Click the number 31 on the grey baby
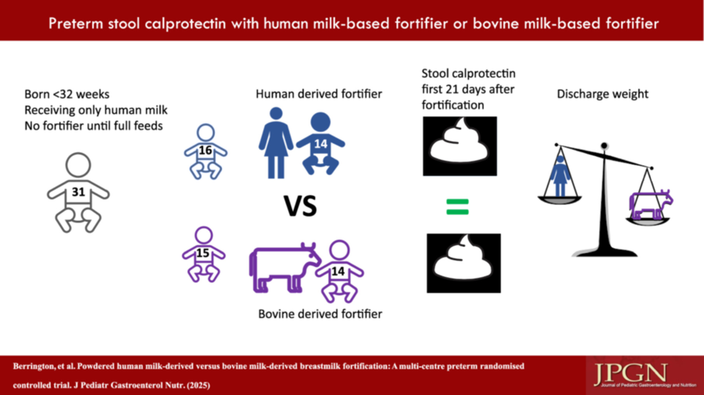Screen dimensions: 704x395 78,192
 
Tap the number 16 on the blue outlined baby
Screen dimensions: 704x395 205,150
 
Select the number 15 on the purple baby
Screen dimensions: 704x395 203,253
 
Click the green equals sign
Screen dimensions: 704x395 457,207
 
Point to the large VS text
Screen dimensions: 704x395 300,206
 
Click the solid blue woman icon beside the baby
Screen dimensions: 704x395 276,143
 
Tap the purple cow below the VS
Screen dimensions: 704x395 285,268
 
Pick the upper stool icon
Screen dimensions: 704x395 460,146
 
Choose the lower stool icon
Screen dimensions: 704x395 464,263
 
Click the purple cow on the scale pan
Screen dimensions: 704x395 651,205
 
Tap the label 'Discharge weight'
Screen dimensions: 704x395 602,94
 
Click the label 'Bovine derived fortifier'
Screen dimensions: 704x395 320,314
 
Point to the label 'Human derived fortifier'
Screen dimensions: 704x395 319,94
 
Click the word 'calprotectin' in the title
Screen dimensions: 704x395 185,24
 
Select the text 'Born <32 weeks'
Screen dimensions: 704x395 67,94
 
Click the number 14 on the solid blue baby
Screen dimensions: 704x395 320,144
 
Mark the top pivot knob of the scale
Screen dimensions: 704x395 604,146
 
